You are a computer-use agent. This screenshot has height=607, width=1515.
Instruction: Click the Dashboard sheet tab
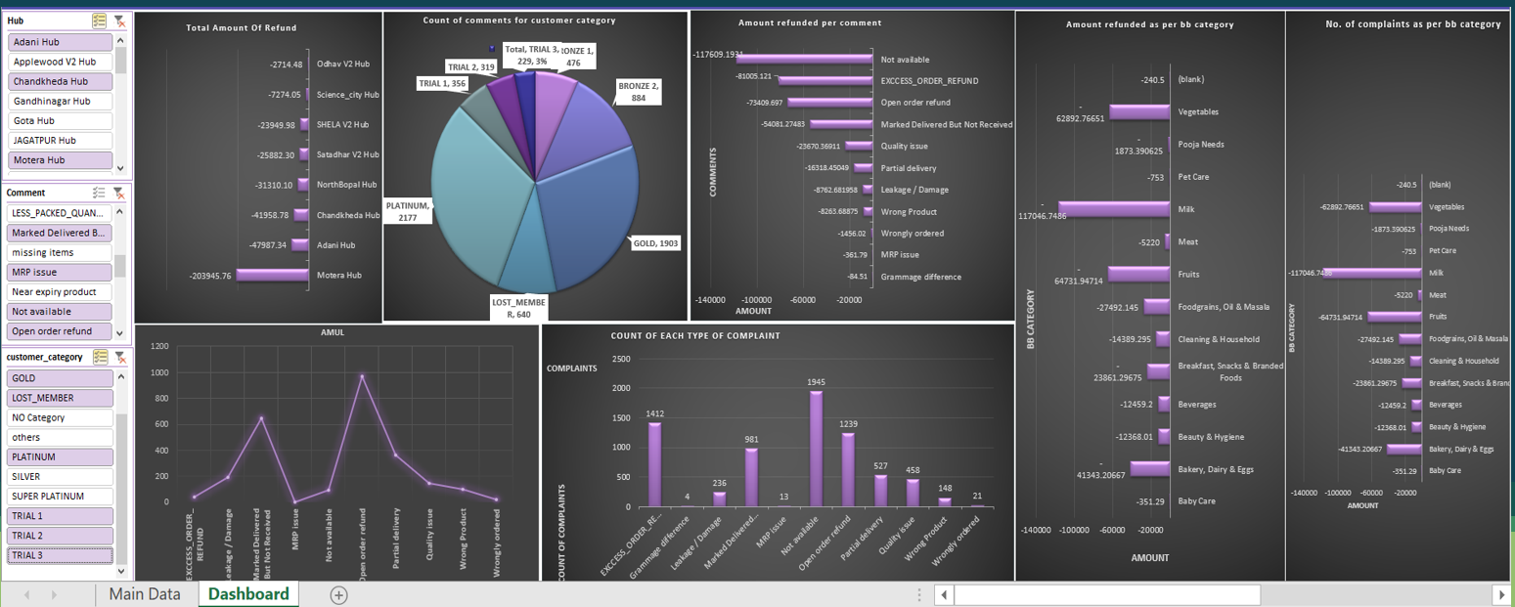(248, 593)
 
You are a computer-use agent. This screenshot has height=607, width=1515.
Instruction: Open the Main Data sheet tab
(144, 593)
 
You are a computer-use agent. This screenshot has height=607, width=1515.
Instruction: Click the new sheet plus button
(338, 594)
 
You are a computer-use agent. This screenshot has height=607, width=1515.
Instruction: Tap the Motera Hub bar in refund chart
(271, 276)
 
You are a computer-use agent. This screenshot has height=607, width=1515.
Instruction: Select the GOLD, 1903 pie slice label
(654, 242)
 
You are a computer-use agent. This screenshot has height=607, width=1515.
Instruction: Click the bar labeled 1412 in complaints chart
(654, 464)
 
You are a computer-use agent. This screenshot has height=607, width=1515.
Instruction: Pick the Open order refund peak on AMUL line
(362, 375)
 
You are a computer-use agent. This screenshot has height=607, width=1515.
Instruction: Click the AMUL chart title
(334, 332)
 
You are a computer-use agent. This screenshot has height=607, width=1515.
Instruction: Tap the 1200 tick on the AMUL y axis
(159, 346)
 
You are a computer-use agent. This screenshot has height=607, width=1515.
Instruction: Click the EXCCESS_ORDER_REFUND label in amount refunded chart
(928, 81)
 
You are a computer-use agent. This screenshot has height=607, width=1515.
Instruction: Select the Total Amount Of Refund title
(241, 28)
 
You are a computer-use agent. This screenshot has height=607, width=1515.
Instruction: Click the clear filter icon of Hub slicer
(119, 21)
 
